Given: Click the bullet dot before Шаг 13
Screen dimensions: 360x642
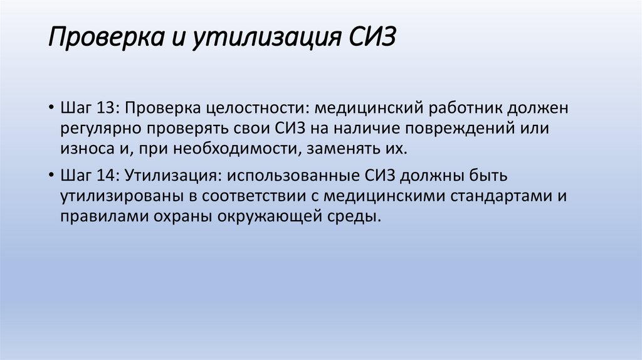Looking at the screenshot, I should [50, 108].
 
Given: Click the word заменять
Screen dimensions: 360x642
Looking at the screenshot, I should [339, 150].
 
